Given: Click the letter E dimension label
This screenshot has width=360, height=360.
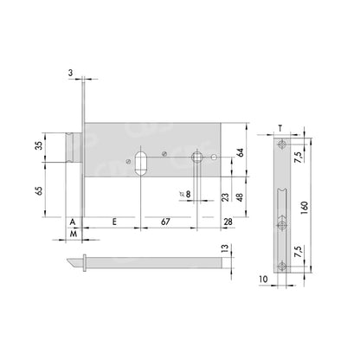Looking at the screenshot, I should [114, 222].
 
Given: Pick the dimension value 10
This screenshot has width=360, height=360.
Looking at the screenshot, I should [260, 281].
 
